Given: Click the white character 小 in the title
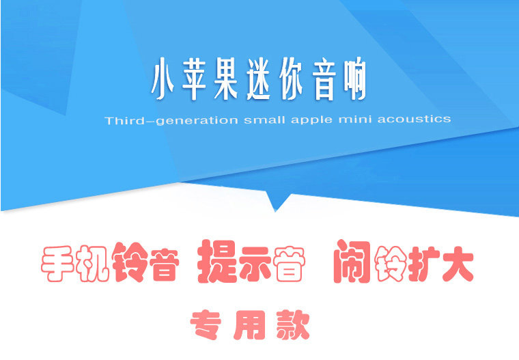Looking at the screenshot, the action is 163,79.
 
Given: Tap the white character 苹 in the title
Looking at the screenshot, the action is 195,79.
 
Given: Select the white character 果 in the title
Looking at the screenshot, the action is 226,79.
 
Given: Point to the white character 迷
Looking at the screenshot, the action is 259,79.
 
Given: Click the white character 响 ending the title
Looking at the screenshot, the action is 354,79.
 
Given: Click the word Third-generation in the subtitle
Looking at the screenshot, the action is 171,120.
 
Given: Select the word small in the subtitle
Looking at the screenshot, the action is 264,120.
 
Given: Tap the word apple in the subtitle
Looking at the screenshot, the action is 311,120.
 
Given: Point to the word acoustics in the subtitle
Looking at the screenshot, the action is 415,119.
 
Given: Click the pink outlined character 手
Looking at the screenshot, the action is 57,264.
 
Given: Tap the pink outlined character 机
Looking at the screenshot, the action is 92,264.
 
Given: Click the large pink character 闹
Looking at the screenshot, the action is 352,262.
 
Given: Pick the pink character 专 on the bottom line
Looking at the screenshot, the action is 206,325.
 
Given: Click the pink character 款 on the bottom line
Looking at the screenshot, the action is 293,325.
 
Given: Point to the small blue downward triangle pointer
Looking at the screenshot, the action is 277,200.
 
